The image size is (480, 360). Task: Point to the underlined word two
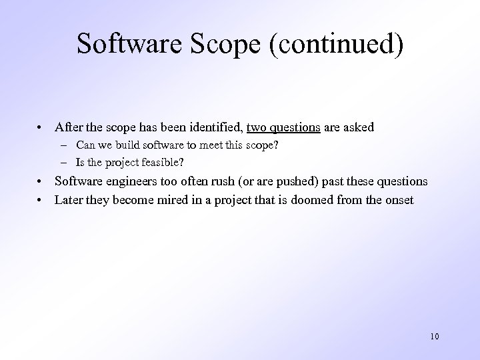point(257,127)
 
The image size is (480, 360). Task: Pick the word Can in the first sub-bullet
point(85,145)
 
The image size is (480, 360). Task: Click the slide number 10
point(435,336)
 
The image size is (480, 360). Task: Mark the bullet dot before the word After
point(41,127)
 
